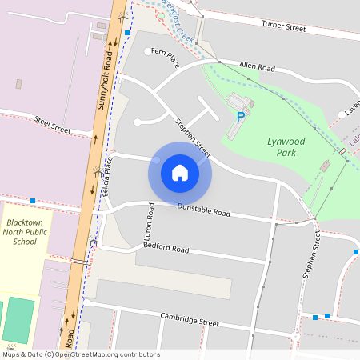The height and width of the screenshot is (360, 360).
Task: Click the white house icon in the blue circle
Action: click(x=180, y=173)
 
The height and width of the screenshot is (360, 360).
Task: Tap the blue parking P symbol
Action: click(x=240, y=117)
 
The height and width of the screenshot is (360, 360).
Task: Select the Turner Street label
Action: click(x=284, y=27)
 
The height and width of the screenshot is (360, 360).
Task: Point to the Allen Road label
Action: click(x=257, y=69)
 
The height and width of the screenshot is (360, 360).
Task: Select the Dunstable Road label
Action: click(x=204, y=210)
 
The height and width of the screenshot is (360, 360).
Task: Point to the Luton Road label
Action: click(x=149, y=224)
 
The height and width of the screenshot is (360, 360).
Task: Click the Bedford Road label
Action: click(x=166, y=249)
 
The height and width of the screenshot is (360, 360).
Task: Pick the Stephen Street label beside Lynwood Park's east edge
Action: click(x=311, y=256)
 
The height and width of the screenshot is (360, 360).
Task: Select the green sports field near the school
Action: click(x=19, y=318)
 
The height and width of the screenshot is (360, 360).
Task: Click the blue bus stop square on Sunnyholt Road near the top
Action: click(x=127, y=33)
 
